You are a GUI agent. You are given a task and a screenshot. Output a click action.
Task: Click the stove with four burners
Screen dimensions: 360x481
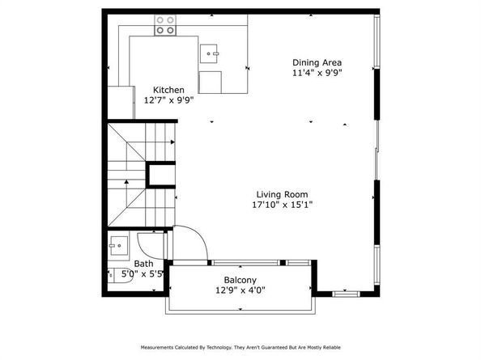click(x=166, y=26)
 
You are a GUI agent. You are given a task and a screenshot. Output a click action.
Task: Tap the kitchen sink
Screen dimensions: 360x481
click(x=211, y=53)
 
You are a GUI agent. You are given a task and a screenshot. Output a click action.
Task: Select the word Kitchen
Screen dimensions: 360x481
click(x=169, y=90)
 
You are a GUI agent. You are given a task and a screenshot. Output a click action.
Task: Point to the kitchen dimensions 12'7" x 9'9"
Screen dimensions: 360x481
click(x=169, y=100)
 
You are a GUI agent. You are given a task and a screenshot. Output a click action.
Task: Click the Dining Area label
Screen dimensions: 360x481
click(x=317, y=62)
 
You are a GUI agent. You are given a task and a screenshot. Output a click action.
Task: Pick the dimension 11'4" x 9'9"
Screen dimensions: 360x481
click(x=317, y=73)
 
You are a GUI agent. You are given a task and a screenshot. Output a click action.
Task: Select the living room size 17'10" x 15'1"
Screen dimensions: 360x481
click(x=282, y=205)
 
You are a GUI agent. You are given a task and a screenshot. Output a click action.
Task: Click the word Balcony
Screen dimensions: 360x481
click(x=230, y=279)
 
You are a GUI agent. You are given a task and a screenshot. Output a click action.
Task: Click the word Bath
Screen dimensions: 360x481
click(x=143, y=264)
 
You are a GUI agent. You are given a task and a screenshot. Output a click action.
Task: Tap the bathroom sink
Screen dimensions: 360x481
click(x=117, y=242)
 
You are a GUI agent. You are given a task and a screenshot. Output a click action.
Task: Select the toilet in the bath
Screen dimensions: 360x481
click(x=111, y=274)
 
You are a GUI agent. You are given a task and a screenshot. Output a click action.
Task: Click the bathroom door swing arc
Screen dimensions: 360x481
click(x=150, y=241)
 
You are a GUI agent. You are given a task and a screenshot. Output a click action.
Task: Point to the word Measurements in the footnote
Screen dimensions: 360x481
click(x=161, y=347)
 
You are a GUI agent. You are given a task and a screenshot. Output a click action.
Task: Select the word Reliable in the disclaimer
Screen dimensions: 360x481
click(x=330, y=347)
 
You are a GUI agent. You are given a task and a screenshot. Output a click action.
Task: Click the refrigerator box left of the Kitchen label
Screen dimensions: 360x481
click(x=124, y=101)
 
